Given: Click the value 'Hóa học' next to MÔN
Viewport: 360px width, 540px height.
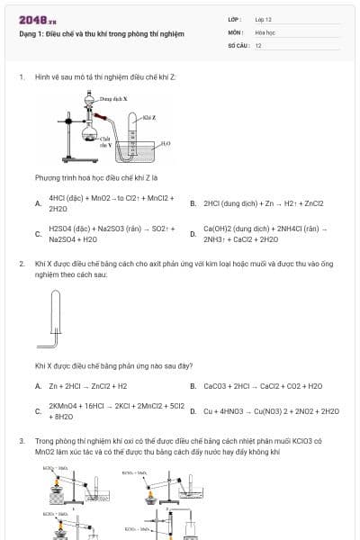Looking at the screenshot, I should tap(264, 31).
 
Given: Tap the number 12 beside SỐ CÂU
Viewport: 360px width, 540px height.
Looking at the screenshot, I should tap(258, 44).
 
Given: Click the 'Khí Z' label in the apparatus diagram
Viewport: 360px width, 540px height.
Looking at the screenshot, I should tap(149, 118).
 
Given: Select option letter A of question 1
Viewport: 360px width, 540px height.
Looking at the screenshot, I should tap(37, 202).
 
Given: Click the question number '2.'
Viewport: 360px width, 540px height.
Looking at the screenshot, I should tap(22, 264).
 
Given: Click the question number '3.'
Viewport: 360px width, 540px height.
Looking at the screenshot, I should tap(22, 441).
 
